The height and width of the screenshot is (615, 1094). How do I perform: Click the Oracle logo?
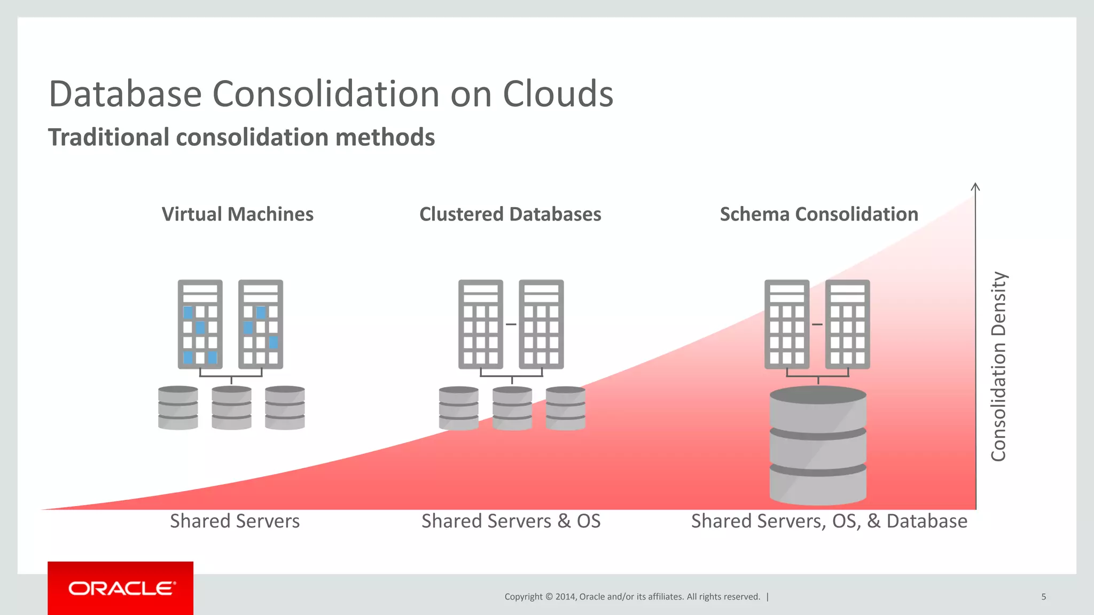pyautogui.click(x=121, y=588)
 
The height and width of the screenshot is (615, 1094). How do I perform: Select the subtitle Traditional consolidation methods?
pyautogui.click(x=241, y=137)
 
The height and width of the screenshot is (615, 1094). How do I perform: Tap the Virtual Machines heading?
pyautogui.click(x=237, y=214)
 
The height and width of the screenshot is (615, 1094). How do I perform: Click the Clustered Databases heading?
pyautogui.click(x=510, y=214)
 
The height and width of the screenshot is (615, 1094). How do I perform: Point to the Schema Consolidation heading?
pyautogui.click(x=819, y=214)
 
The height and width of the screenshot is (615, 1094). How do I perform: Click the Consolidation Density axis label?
pyautogui.click(x=998, y=366)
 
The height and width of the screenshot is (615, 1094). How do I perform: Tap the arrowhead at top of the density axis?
pyautogui.click(x=975, y=186)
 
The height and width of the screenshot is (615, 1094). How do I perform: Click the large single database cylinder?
pyautogui.click(x=818, y=446)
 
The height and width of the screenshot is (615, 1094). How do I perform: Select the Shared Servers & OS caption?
pyautogui.click(x=511, y=521)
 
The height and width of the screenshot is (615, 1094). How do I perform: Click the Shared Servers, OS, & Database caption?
pyautogui.click(x=829, y=521)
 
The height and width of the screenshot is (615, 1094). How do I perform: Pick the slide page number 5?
pyautogui.click(x=1043, y=597)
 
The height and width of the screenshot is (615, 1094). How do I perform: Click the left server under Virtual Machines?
pyautogui.click(x=200, y=324)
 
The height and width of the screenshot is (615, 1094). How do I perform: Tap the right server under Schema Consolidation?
pyautogui.click(x=847, y=324)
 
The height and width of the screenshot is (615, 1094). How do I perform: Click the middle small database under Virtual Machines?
pyautogui.click(x=231, y=408)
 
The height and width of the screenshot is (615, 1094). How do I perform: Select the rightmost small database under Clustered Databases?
pyautogui.click(x=566, y=408)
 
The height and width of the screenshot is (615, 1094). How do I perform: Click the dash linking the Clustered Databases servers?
pyautogui.click(x=511, y=324)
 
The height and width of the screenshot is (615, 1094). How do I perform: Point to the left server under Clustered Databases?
pyautogui.click(x=480, y=324)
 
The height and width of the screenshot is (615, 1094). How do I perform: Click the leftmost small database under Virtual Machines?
pyautogui.click(x=178, y=408)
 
